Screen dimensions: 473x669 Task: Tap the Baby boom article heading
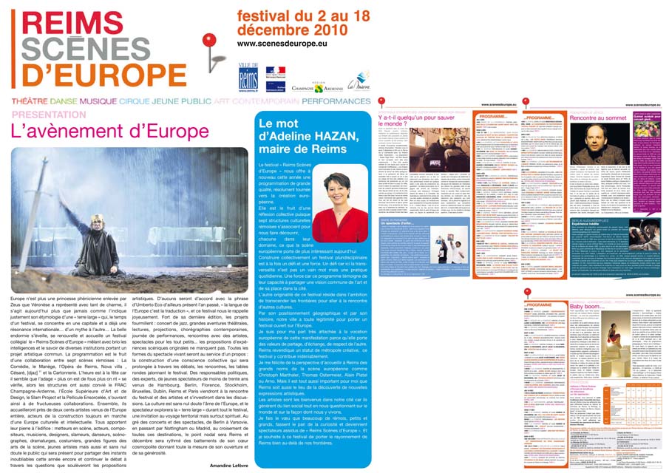pos(586,306)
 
